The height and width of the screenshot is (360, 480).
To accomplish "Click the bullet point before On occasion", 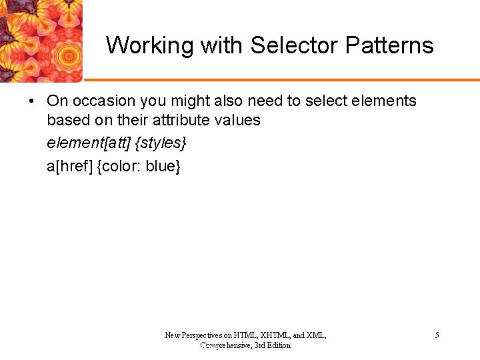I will pyautogui.click(x=31, y=101).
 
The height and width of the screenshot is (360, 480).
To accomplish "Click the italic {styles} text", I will pyautogui.click(x=160, y=143).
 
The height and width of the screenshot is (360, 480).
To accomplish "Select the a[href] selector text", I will pyautogui.click(x=69, y=166).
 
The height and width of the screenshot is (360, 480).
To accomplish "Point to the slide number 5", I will pyautogui.click(x=437, y=335).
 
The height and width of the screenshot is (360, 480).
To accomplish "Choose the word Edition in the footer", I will pyautogui.click(x=278, y=345).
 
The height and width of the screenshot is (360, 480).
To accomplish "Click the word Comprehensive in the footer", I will pyautogui.click(x=225, y=345).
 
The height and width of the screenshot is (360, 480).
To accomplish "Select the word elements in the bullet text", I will pyautogui.click(x=387, y=101).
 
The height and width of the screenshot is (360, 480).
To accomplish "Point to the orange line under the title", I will pyautogui.click(x=280, y=79).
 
